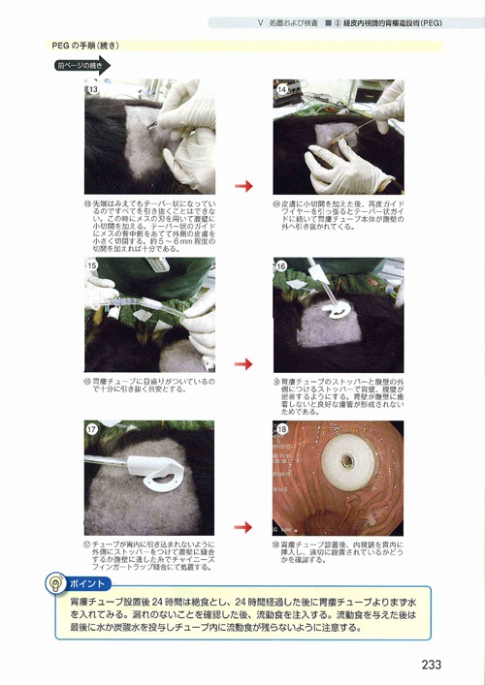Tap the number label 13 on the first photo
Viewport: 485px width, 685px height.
[x=94, y=89]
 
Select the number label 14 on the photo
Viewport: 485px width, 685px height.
[x=282, y=89]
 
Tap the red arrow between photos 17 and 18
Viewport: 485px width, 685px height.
[x=243, y=528]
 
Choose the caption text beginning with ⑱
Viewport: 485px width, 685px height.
[x=335, y=552]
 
